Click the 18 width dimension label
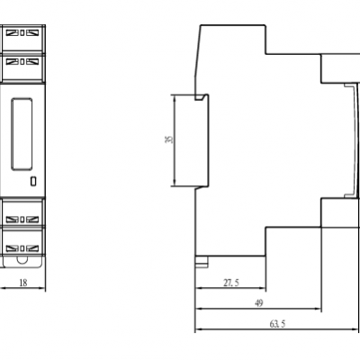[x=23, y=283]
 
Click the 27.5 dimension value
[x=231, y=283]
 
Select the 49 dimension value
[x=258, y=303]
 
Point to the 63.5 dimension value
[x=277, y=324]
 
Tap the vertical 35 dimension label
[x=169, y=139]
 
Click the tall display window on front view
[x=22, y=134]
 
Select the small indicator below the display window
[x=33, y=181]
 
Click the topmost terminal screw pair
[x=22, y=32]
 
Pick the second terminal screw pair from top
[x=22, y=62]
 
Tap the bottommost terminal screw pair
[x=22, y=248]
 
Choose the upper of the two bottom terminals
[x=22, y=220]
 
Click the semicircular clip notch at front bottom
[x=22, y=259]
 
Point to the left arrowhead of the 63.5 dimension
[x=198, y=329]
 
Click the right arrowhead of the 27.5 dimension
[x=263, y=288]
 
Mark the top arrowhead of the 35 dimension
[x=175, y=98]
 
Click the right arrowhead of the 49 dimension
[x=318, y=309]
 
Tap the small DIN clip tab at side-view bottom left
[x=202, y=262]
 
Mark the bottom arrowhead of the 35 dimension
[x=175, y=183]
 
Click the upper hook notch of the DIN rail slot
[x=202, y=96]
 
